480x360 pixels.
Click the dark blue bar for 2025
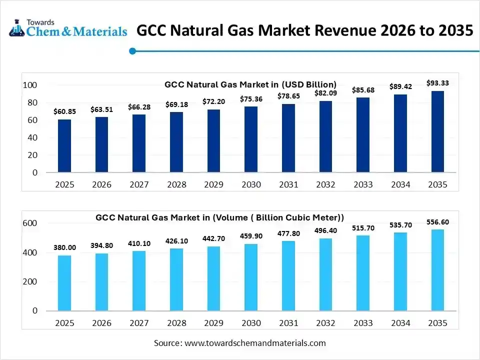pyautogui.click(x=64, y=146)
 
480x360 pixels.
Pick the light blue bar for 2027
pyautogui.click(x=139, y=280)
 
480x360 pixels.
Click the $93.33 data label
pyautogui.click(x=437, y=83)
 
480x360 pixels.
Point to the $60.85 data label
pyautogui.click(x=64, y=111)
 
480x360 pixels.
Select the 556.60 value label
pyautogui.click(x=437, y=221)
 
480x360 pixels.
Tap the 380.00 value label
pyautogui.click(x=64, y=247)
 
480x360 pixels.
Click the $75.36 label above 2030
pyautogui.click(x=251, y=98)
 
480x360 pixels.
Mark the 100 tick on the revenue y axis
pyautogui.click(x=30, y=85)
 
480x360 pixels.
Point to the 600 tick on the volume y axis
pyautogui.click(x=30, y=223)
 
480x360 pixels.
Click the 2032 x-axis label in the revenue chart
pyautogui.click(x=325, y=184)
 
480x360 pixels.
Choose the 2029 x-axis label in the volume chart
pyautogui.click(x=213, y=323)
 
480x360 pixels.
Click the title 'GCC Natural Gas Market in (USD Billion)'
pyautogui.click(x=250, y=84)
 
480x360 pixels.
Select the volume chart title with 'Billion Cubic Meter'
pyautogui.click(x=220, y=217)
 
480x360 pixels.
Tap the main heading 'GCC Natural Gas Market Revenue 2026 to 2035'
pyautogui.click(x=304, y=30)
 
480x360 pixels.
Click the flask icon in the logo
pyautogui.click(x=15, y=28)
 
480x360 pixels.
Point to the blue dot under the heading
pyautogui.click(x=132, y=50)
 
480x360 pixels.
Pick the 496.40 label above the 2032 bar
pyautogui.click(x=325, y=230)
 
